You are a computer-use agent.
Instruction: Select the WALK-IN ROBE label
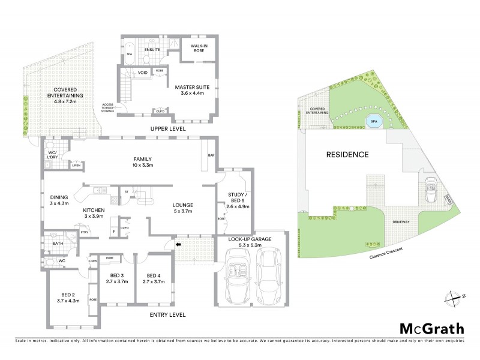(199, 49)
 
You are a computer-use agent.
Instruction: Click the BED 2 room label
(68, 298)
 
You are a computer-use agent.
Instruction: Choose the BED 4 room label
(153, 277)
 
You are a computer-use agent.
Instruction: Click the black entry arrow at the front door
(178, 244)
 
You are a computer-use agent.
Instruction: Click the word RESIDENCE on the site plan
(347, 154)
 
